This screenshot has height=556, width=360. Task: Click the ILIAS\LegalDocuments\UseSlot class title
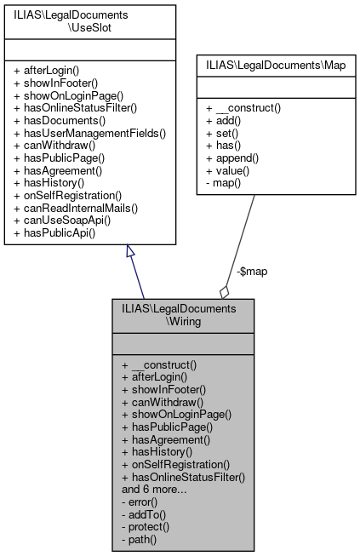click(90, 21)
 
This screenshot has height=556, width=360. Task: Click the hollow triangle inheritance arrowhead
click(130, 252)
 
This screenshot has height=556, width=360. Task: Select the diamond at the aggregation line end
click(224, 291)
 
